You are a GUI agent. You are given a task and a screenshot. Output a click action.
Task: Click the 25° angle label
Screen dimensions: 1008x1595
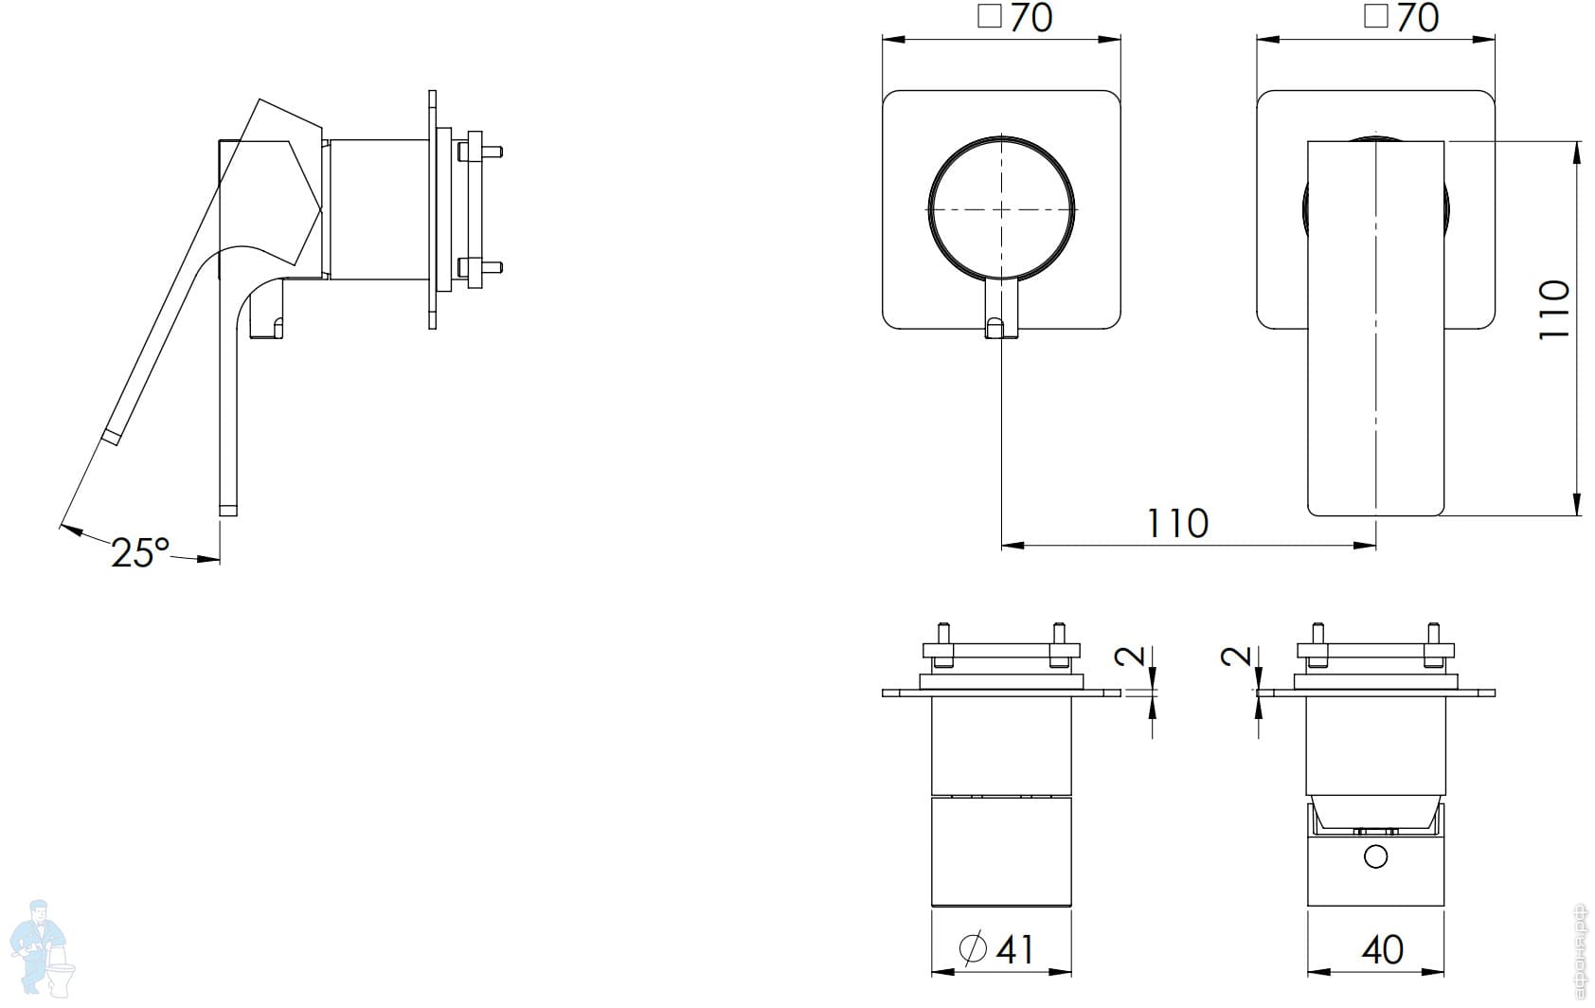pyautogui.click(x=139, y=552)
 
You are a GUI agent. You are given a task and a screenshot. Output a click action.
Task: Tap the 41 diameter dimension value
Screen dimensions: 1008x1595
pyautogui.click(x=1014, y=948)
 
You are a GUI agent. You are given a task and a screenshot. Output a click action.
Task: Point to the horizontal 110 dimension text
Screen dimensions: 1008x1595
pyautogui.click(x=1177, y=523)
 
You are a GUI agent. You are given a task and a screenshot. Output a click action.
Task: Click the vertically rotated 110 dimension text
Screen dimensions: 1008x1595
pyautogui.click(x=1554, y=309)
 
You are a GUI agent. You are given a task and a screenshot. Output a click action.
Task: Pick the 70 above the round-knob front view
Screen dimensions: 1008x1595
pyautogui.click(x=1030, y=19)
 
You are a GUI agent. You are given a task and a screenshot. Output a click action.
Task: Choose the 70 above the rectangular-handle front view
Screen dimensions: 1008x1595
pyautogui.click(x=1417, y=19)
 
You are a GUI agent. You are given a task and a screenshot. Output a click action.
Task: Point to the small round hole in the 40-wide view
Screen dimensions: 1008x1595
pyautogui.click(x=1375, y=858)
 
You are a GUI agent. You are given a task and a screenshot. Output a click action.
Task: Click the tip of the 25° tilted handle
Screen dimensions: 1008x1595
pyautogui.click(x=111, y=437)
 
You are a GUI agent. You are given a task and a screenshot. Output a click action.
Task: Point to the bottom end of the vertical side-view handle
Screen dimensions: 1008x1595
pyautogui.click(x=227, y=510)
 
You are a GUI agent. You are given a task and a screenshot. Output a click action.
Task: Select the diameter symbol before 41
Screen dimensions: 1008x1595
pyautogui.click(x=973, y=947)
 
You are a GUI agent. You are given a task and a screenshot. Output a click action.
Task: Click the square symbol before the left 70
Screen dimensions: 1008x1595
pyautogui.click(x=990, y=17)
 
